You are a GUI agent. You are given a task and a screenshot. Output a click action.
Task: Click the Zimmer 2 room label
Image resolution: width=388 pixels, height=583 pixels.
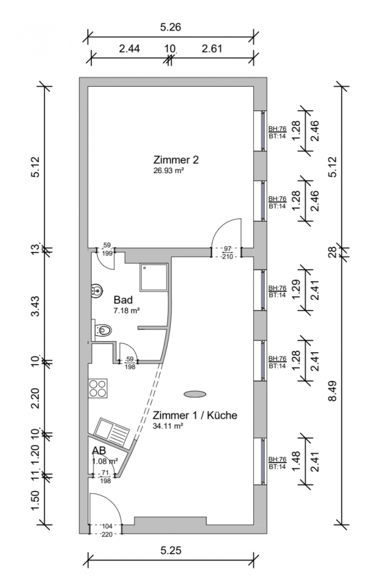[176, 160]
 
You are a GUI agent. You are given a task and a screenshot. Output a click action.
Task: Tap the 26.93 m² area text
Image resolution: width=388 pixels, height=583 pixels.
[169, 171]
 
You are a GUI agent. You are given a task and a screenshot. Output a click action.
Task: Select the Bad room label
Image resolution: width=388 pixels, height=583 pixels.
[123, 300]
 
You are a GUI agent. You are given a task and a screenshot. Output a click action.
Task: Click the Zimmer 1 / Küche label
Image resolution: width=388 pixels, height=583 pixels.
[195, 415]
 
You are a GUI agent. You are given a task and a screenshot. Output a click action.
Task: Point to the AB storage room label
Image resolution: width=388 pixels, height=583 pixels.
[99, 450]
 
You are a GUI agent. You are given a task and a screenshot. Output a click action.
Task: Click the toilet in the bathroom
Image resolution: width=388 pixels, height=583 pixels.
[102, 329]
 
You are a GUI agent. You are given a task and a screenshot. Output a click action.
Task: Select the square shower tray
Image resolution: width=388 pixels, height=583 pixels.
[154, 277]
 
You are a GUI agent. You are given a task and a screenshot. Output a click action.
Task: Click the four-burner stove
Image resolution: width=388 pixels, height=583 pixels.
[98, 388]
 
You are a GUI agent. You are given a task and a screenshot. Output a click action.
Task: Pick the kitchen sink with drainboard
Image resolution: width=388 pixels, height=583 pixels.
[111, 433]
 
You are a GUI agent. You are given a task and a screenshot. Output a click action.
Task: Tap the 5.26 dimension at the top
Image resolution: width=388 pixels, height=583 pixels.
[170, 27]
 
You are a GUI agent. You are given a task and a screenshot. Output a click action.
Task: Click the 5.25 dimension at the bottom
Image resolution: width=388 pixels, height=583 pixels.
[171, 550]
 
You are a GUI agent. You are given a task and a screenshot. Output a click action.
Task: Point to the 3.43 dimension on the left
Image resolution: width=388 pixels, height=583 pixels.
[36, 306]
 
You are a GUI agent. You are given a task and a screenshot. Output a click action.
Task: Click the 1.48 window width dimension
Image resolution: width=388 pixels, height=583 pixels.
[296, 461]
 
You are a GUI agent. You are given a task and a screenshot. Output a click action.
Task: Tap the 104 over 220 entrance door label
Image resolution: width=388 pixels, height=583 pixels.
[107, 530]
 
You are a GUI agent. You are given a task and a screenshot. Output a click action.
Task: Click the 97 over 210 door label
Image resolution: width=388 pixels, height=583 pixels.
[227, 253]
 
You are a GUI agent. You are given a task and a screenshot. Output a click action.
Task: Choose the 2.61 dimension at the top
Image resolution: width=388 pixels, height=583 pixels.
[212, 49]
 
